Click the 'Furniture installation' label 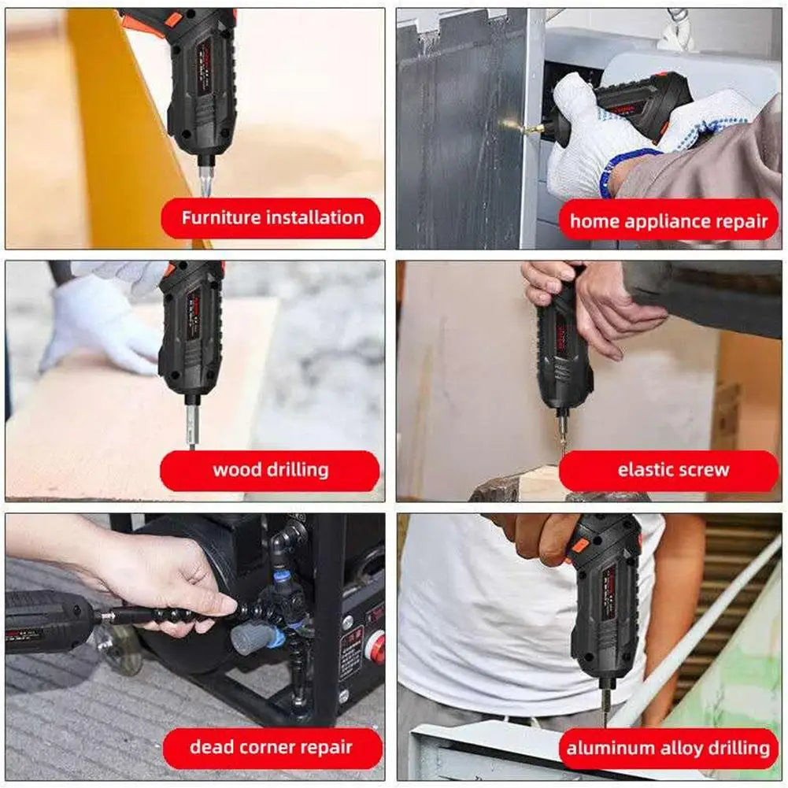click(x=272, y=219)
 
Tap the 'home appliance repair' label click(x=668, y=221)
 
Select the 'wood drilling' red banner click(x=270, y=471)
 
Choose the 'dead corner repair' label click(x=272, y=747)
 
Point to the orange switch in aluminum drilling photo click(x=579, y=546)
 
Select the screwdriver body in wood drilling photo click(x=191, y=331)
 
